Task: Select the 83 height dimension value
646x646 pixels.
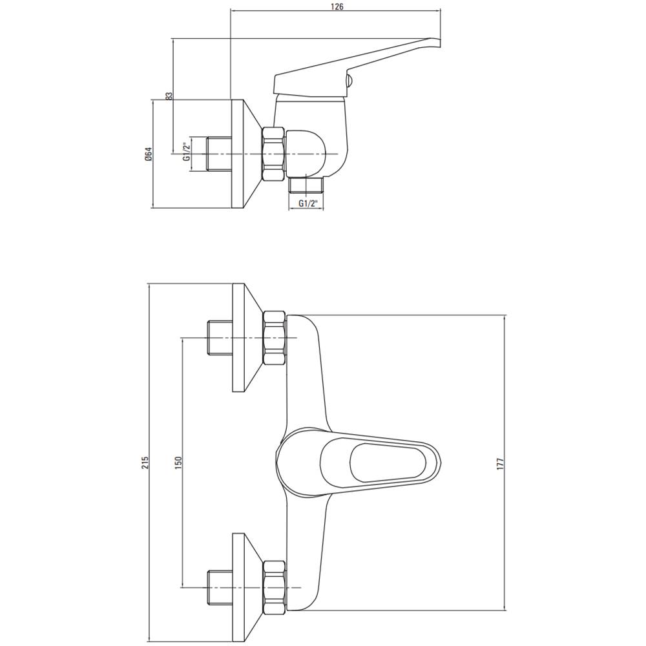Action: pyautogui.click(x=169, y=96)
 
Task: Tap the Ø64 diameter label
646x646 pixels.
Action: pyautogui.click(x=149, y=154)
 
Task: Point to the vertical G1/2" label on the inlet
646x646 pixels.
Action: pyautogui.click(x=187, y=152)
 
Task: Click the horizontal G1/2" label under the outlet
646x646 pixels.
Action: pyautogui.click(x=309, y=203)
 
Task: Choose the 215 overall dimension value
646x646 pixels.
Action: pyautogui.click(x=145, y=463)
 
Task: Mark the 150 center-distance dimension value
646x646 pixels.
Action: pyautogui.click(x=178, y=463)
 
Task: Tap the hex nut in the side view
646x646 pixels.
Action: pyautogui.click(x=273, y=154)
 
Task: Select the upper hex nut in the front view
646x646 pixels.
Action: pyautogui.click(x=275, y=338)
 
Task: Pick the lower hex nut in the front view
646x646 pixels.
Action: pyautogui.click(x=275, y=587)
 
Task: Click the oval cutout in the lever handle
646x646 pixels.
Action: pyautogui.click(x=387, y=463)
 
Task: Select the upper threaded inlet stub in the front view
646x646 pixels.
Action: pyautogui.click(x=219, y=338)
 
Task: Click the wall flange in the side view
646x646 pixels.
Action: pyautogui.click(x=245, y=154)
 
